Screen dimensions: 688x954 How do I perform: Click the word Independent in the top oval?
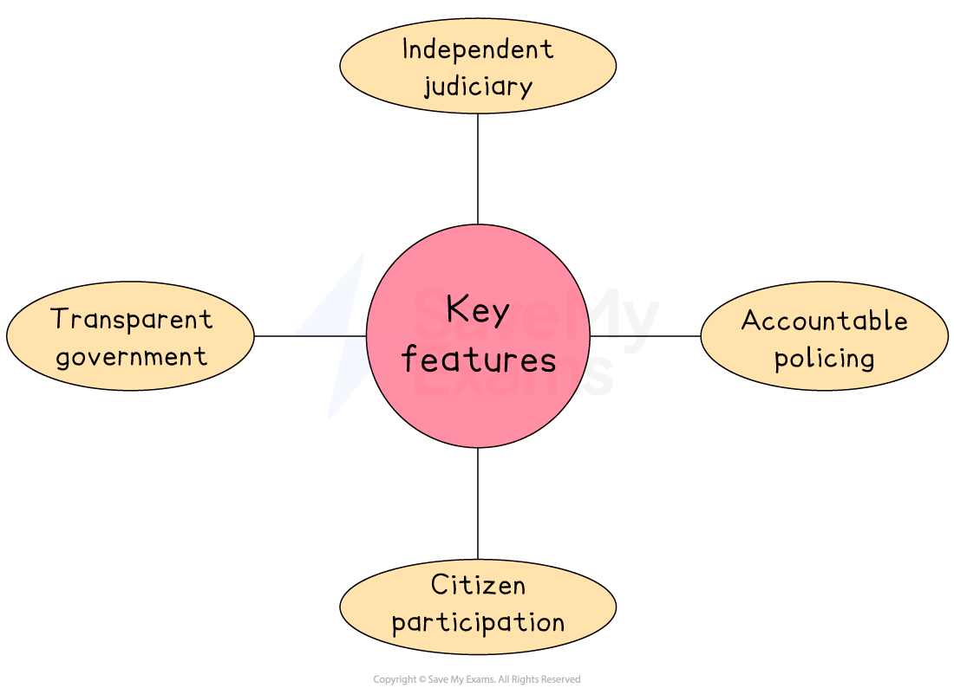click(x=478, y=49)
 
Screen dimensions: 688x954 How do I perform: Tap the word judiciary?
click(x=478, y=87)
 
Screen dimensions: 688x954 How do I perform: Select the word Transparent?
click(x=132, y=319)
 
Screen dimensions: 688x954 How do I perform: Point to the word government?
click(x=132, y=357)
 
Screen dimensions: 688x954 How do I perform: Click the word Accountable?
click(x=824, y=321)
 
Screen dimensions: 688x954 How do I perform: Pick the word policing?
click(x=824, y=359)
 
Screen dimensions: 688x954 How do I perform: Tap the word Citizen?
click(x=478, y=585)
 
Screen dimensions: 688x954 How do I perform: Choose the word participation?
click(x=478, y=622)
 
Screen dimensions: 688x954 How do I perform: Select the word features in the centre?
click(x=479, y=359)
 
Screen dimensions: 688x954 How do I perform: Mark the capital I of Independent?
click(x=406, y=49)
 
